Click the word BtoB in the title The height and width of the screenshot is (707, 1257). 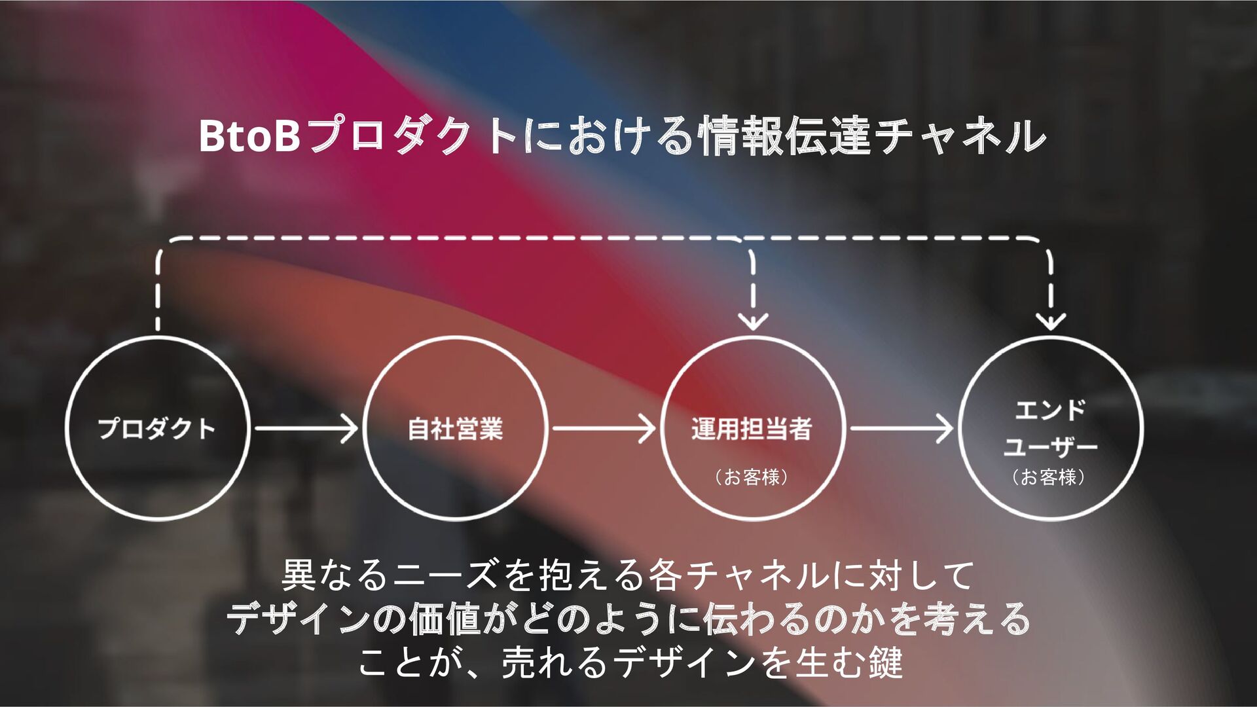click(249, 136)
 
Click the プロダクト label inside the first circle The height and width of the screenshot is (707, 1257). click(156, 429)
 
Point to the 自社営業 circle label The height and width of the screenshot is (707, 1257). click(455, 429)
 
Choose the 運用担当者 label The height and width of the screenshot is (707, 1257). click(752, 429)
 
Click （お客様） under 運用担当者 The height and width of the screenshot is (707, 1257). click(752, 477)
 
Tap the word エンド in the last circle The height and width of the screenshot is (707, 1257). click(1050, 410)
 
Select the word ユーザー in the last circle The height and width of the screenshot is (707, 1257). click(1050, 446)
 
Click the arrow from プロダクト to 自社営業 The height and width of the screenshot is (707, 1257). click(306, 429)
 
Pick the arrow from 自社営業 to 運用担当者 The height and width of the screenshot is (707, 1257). click(604, 429)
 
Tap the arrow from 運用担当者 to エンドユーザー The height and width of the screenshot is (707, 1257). click(902, 429)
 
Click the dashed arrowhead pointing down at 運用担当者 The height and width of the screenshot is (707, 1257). click(753, 321)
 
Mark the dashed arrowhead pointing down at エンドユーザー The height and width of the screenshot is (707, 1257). click(1051, 321)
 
